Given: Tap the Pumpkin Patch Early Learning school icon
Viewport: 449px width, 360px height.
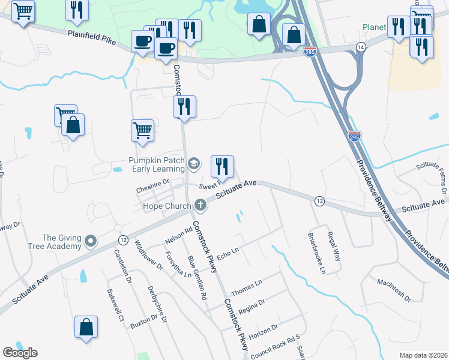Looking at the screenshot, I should click(193, 163).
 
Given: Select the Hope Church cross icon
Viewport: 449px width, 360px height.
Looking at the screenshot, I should click(200, 206).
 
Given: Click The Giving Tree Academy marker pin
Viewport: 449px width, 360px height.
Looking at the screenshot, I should click(91, 241).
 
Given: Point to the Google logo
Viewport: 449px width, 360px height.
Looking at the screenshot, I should click(20, 353).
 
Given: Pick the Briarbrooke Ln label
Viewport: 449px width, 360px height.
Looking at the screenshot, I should click(316, 254).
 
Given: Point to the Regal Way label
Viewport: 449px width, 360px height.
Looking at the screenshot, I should click(334, 244).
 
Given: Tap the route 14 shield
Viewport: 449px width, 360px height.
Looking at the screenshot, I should click(360, 47).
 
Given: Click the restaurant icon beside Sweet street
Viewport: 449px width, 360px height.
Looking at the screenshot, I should click(222, 166).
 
